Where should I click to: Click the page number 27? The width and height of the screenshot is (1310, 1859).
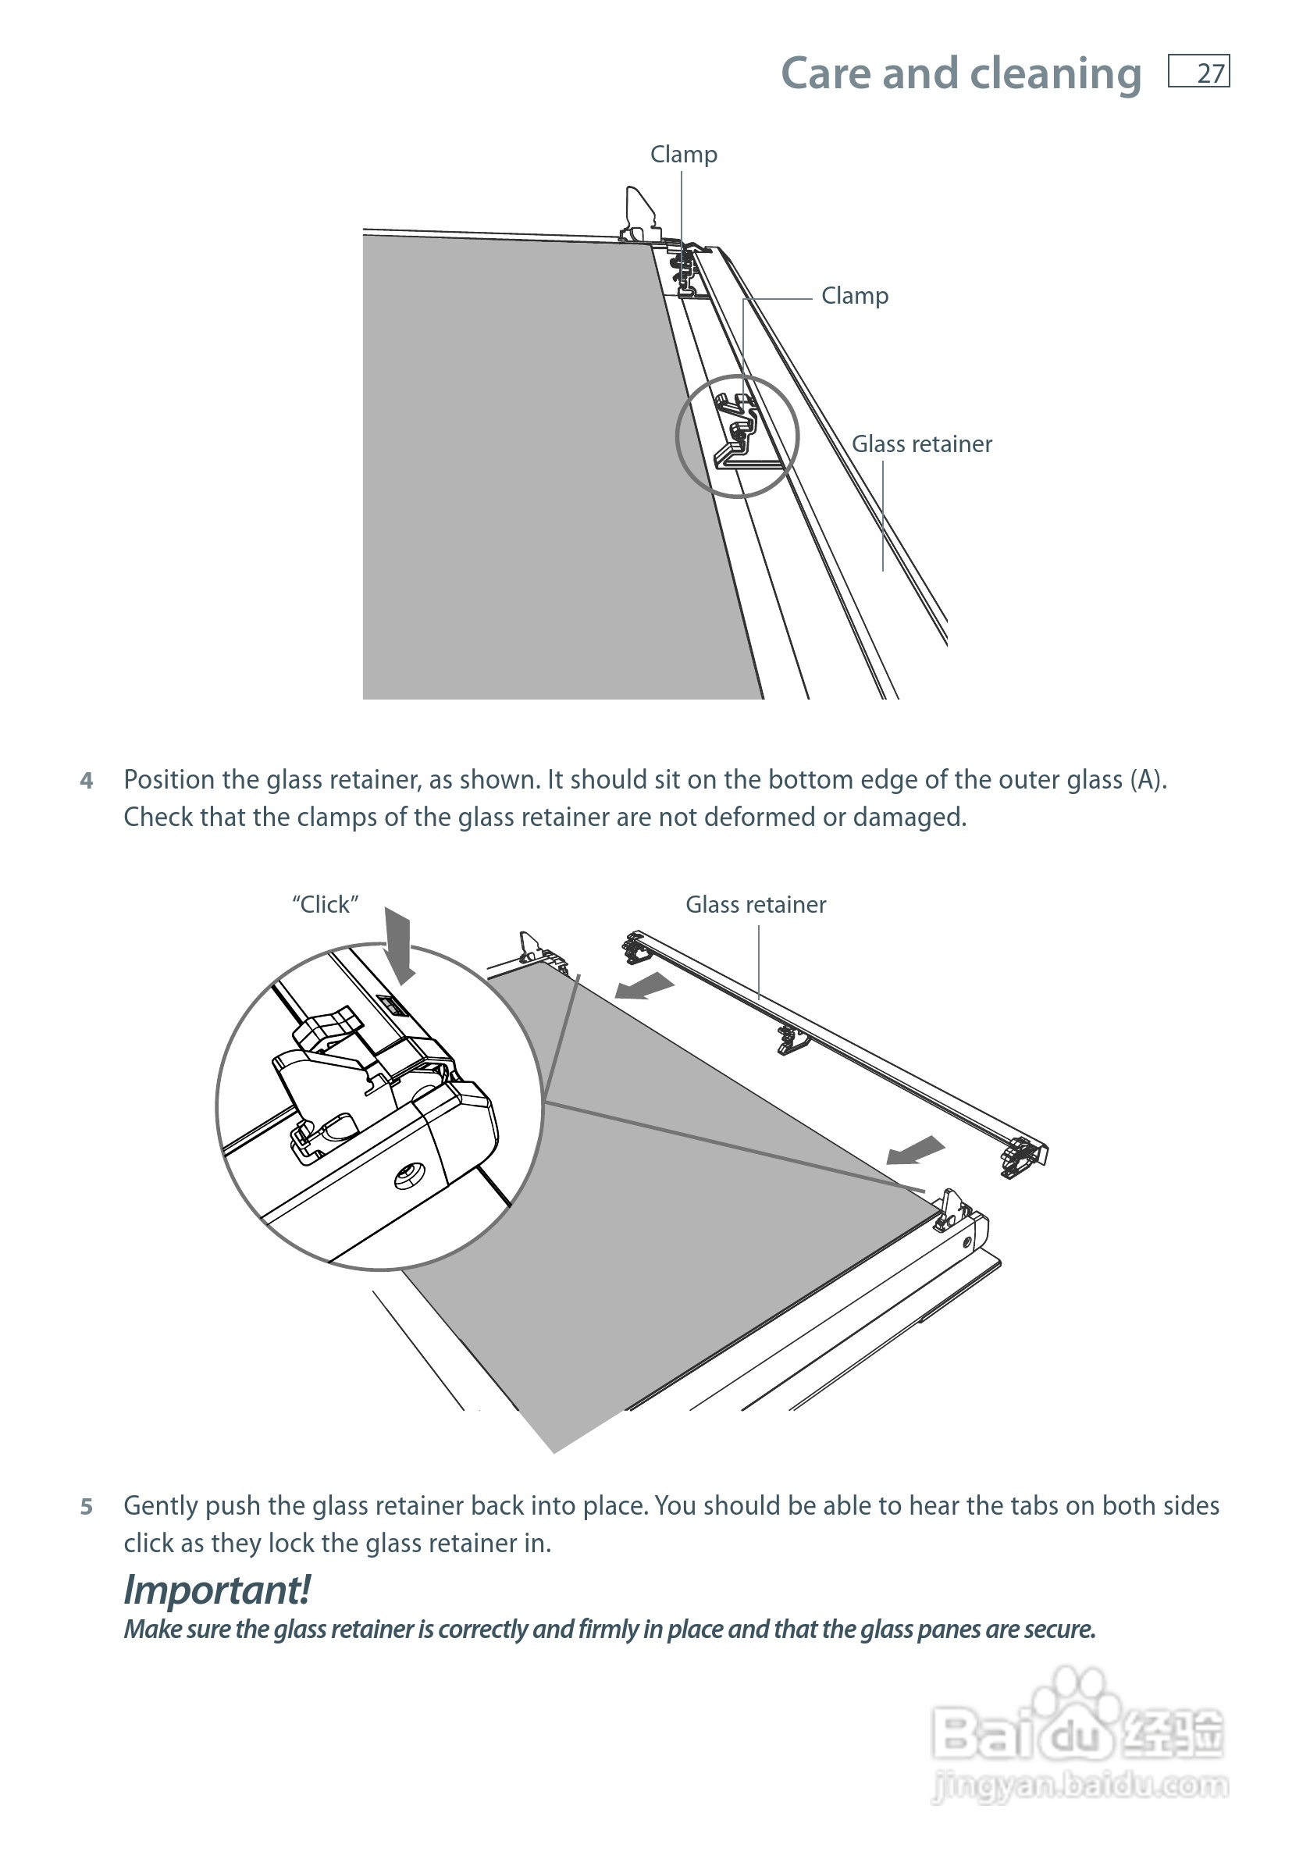(1209, 73)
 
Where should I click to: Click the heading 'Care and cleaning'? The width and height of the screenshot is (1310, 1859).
(960, 73)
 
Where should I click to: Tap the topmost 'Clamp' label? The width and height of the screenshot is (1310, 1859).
(683, 154)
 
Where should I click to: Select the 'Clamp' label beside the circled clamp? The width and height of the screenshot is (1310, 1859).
(854, 296)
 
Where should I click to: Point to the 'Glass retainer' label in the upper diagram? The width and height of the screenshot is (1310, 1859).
(921, 443)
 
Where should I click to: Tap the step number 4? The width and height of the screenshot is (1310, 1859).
(87, 781)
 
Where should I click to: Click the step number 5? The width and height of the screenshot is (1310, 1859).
(87, 1507)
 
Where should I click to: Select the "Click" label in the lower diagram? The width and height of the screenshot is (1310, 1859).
(325, 904)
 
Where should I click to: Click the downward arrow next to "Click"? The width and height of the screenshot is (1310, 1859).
(398, 942)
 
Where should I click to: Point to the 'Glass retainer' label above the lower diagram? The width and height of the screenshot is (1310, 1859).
(756, 904)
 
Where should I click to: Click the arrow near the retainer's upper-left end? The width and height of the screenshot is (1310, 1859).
(645, 986)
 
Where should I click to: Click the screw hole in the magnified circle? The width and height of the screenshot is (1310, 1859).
(409, 1176)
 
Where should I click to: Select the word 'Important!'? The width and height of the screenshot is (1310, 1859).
(216, 1590)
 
